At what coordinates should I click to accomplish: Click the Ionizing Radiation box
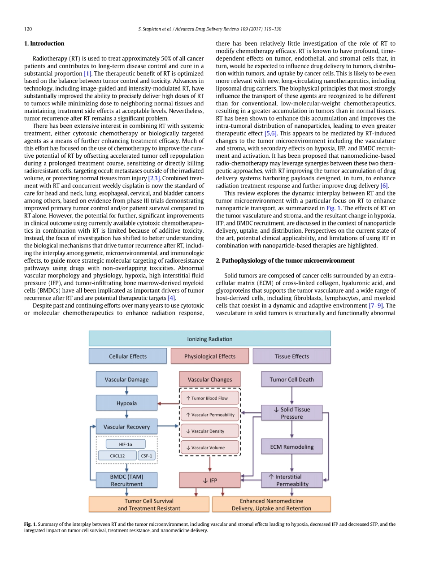pyautogui.click(x=209, y=338)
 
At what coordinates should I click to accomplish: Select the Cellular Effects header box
pyautogui.click(x=127, y=356)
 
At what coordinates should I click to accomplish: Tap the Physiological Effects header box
pyautogui.click(x=209, y=356)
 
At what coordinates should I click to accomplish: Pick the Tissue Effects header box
pyautogui.click(x=291, y=356)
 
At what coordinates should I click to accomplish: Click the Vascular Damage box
pyautogui.click(x=126, y=379)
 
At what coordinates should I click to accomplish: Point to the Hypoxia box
pyautogui.click(x=126, y=403)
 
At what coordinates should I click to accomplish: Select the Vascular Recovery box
pyautogui.click(x=126, y=427)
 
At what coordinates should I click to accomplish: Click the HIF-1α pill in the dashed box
pyautogui.click(x=126, y=444)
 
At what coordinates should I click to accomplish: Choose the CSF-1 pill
pyautogui.click(x=147, y=455)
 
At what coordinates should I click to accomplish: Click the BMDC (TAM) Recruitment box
pyautogui.click(x=126, y=480)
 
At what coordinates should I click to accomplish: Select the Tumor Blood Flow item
pyautogui.click(x=209, y=398)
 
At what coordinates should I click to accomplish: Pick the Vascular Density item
pyautogui.click(x=209, y=431)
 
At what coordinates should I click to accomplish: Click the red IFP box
pyautogui.click(x=209, y=480)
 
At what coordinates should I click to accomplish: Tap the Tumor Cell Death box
pyautogui.click(x=291, y=379)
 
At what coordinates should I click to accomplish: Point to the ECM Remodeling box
pyautogui.click(x=291, y=447)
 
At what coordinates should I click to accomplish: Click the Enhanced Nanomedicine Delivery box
pyautogui.click(x=271, y=504)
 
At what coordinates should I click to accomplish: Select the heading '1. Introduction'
pyautogui.click(x=44, y=43)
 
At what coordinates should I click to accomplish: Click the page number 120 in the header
pyautogui.click(x=28, y=29)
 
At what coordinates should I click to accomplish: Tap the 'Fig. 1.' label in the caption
pyautogui.click(x=30, y=524)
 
